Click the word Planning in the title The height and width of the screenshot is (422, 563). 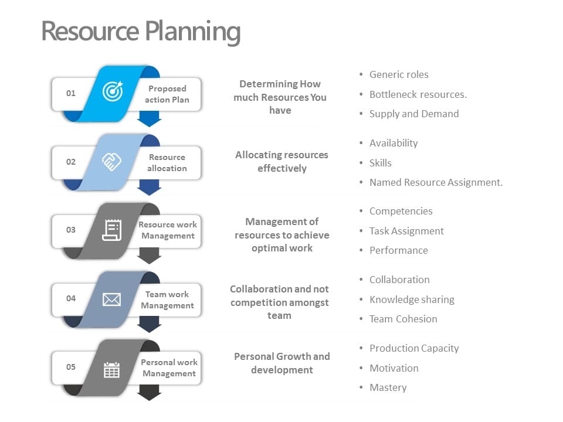pyautogui.click(x=192, y=31)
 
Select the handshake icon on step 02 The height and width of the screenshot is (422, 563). pyautogui.click(x=111, y=161)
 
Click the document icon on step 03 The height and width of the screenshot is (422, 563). pyautogui.click(x=111, y=229)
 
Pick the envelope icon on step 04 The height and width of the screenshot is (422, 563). pyautogui.click(x=111, y=299)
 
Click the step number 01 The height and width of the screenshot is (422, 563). pyautogui.click(x=70, y=93)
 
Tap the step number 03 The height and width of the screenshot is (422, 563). pyautogui.click(x=70, y=230)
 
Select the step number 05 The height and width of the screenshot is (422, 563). pyautogui.click(x=70, y=367)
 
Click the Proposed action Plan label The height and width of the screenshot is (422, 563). pyautogui.click(x=167, y=94)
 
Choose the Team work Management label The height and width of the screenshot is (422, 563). pyautogui.click(x=167, y=300)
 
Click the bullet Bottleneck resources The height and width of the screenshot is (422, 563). pyautogui.click(x=418, y=94)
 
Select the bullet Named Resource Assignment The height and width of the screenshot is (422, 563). pyautogui.click(x=436, y=182)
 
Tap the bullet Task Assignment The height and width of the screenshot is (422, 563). pyautogui.click(x=406, y=231)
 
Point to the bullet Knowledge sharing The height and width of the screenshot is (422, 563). pyautogui.click(x=412, y=300)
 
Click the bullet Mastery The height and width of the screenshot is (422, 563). pyautogui.click(x=388, y=387)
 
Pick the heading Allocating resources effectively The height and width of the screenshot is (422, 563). pyautogui.click(x=281, y=161)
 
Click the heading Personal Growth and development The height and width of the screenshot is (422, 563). pyautogui.click(x=281, y=363)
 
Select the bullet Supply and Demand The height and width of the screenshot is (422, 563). pyautogui.click(x=413, y=114)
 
